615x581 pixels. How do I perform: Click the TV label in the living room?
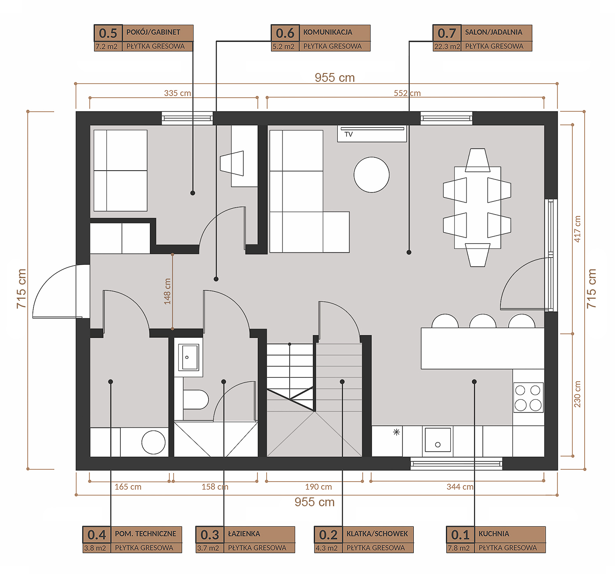pos(348,134)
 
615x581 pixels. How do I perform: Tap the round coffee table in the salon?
pos(371,175)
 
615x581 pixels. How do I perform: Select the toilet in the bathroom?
pos(195,399)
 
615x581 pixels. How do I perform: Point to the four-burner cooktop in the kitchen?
pos(528,397)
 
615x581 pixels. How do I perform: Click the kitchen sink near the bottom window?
pos(438,440)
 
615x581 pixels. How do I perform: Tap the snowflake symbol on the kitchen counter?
pos(396,432)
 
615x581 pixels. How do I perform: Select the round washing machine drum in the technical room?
pos(153,442)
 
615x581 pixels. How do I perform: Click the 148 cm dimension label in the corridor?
pos(167,291)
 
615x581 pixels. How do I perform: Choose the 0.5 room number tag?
pos(108,33)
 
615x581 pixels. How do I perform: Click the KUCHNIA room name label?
pos(494,533)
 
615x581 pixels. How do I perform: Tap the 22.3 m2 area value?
pos(447,47)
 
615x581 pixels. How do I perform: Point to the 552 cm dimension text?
pos(407,93)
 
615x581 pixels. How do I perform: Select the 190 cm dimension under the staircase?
pos(318,487)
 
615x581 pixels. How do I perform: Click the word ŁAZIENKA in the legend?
pos(244,533)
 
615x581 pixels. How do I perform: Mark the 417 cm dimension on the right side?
pos(577,229)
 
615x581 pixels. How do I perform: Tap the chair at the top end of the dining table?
pos(478,160)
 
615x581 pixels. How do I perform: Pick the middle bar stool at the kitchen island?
pos(482,321)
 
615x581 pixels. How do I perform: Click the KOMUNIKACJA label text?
pos(328,32)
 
